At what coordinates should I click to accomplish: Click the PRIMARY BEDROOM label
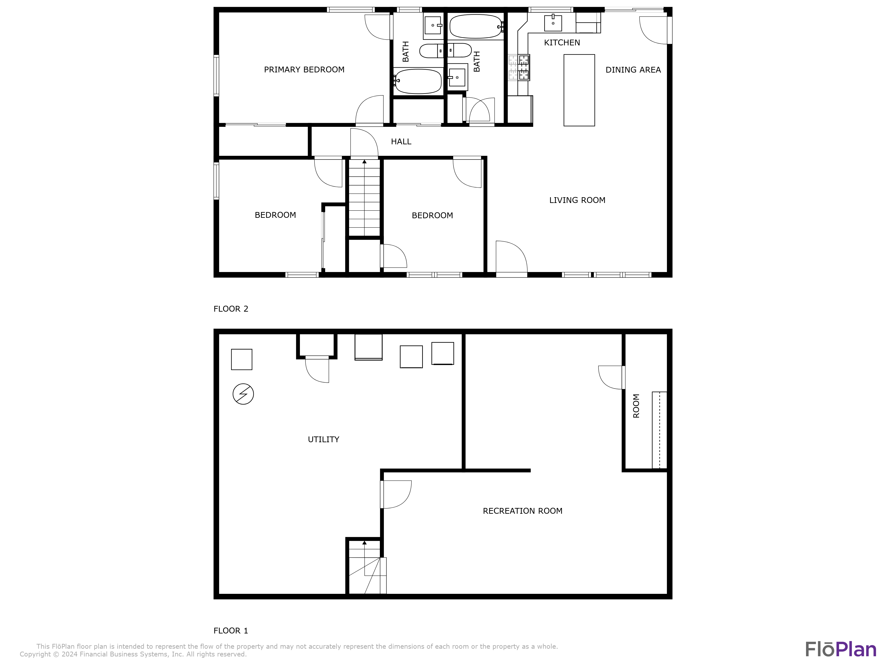tap(304, 70)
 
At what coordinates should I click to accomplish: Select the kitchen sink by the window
tap(553, 23)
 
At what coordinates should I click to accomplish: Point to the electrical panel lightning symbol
tap(243, 394)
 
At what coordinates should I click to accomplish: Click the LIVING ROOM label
tap(577, 200)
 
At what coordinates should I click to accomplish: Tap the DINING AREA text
tap(633, 70)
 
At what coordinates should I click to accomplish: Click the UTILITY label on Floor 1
tap(323, 440)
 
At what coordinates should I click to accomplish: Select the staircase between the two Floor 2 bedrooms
tap(364, 198)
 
